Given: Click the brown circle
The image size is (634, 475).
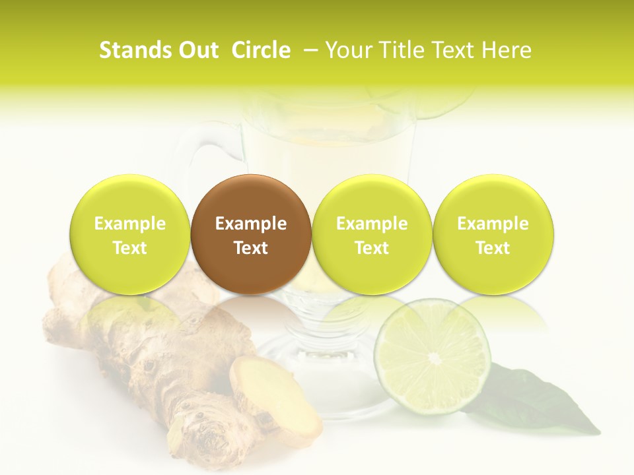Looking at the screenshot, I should tap(251, 234).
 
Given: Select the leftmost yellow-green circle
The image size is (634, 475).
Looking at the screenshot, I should tap(129, 234).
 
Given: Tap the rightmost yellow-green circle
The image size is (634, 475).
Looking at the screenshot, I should tap(493, 234).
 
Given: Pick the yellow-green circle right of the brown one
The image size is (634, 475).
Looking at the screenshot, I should tap(372, 234).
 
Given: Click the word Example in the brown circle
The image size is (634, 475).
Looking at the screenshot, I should tap(251, 224).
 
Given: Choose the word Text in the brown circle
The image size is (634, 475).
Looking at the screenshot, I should tap(251, 248).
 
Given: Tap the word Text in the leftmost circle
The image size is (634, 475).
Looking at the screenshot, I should tap(129, 248).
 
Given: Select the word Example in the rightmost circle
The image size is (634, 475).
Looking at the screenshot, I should tap(493, 224).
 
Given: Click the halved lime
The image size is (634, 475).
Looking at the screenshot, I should tap(433, 356).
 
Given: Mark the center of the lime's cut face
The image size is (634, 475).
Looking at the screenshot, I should tap(434, 358).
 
